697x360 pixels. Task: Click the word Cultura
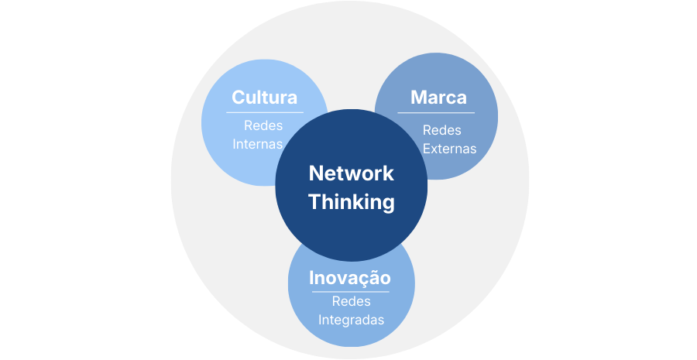click(264, 98)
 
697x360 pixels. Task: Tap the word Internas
click(258, 144)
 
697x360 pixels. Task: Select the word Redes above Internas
click(263, 125)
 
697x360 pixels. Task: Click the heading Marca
click(438, 98)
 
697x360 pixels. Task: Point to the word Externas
click(450, 148)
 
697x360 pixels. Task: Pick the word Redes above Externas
click(442, 129)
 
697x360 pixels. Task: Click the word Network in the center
click(352, 173)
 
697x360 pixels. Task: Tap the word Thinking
click(352, 202)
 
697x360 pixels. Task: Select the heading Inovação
click(349, 278)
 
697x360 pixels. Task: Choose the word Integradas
click(352, 320)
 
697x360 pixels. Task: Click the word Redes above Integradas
click(352, 301)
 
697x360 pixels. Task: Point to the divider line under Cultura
click(265, 112)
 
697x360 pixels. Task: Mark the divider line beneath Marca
click(436, 113)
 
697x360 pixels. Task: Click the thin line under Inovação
click(352, 292)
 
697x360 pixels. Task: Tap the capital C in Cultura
click(239, 98)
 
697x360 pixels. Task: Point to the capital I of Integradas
click(320, 320)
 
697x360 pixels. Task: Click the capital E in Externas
click(427, 148)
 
